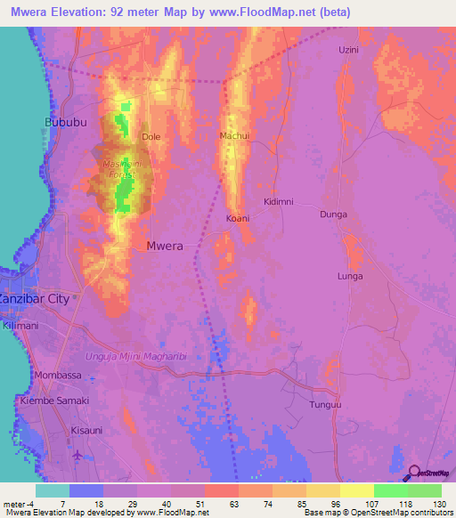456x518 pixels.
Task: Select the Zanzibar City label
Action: pyautogui.click(x=34, y=299)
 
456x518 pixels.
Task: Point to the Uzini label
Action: pyautogui.click(x=348, y=50)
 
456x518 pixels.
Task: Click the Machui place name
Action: pyautogui.click(x=233, y=135)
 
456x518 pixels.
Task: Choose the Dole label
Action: pyautogui.click(x=151, y=137)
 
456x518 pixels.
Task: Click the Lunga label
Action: pyautogui.click(x=350, y=277)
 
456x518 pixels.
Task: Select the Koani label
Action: pyautogui.click(x=237, y=218)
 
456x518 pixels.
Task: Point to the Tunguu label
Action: pyautogui.click(x=325, y=405)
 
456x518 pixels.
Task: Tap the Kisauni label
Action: pyautogui.click(x=86, y=430)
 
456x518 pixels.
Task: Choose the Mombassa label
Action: pyautogui.click(x=57, y=376)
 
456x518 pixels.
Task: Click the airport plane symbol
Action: pyautogui.click(x=77, y=455)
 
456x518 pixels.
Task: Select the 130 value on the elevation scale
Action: pyautogui.click(x=439, y=503)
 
